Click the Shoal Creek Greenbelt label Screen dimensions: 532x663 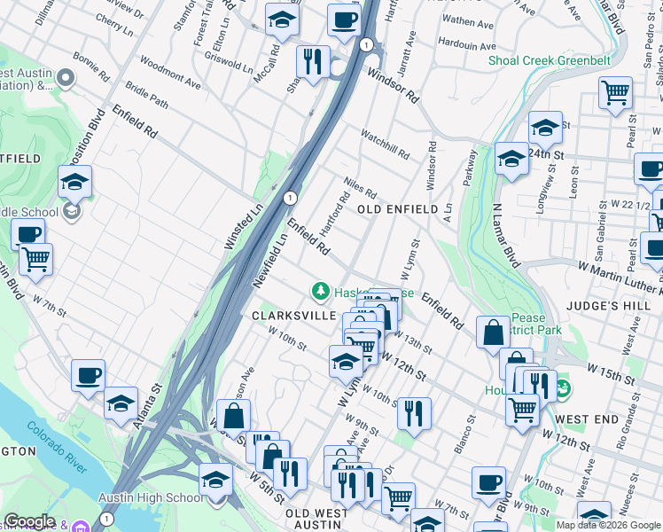pos(549,61)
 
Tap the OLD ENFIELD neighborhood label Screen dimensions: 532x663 pos(398,209)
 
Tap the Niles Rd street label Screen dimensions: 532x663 pos(361,187)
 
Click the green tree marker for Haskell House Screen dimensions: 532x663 pos(319,291)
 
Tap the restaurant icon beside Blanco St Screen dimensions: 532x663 pos(414,412)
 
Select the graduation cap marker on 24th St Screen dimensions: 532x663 pos(545,126)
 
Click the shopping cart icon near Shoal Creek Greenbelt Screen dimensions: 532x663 pos(615,92)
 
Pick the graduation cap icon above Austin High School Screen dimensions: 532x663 pos(215,480)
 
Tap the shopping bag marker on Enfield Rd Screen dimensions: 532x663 pos(492,333)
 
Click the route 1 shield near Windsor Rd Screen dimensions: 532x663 pos(365,43)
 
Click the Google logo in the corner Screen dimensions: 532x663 pos(29,521)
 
